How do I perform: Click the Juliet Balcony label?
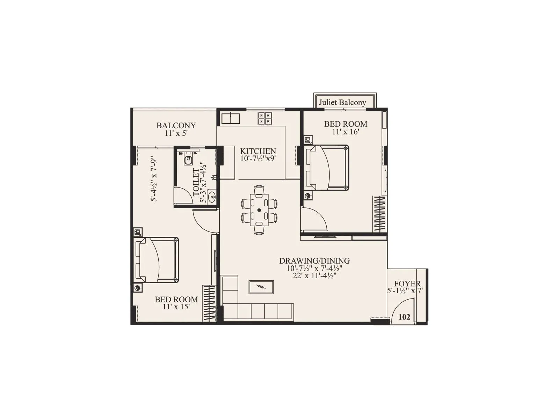tap(342, 102)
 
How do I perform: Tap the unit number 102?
tap(404, 317)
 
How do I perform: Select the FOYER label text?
tap(407, 284)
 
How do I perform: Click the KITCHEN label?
tap(258, 151)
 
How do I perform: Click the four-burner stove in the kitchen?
tap(264, 118)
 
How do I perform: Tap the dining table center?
tap(259, 210)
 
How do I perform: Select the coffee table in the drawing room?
tap(261, 287)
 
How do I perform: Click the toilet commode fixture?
tap(188, 160)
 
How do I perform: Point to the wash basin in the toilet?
tap(212, 197)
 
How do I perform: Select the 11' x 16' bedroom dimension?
tap(346, 132)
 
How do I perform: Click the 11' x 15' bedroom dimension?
tap(176, 307)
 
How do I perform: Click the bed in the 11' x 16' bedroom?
tap(328, 168)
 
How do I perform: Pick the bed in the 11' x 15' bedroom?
tap(158, 260)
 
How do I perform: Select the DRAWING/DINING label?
tap(314, 261)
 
